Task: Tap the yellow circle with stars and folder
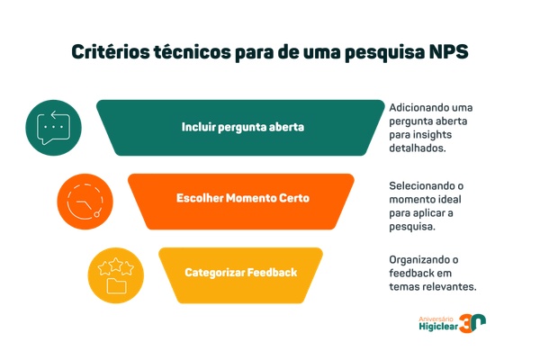pyautogui.click(x=115, y=273)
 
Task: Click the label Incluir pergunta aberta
pyautogui.click(x=242, y=127)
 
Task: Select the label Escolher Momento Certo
pyautogui.click(x=242, y=198)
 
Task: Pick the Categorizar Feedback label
pyautogui.click(x=240, y=272)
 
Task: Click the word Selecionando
pyautogui.click(x=415, y=184)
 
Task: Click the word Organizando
pyautogui.click(x=415, y=259)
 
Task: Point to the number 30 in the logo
pyautogui.click(x=475, y=323)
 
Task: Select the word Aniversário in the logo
pyautogui.click(x=436, y=316)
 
